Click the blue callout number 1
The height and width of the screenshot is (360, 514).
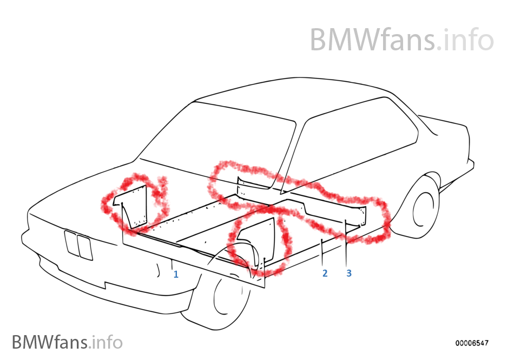pos(176,274)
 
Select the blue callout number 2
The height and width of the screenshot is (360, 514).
pos(325,273)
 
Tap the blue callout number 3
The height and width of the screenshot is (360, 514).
pos(349,273)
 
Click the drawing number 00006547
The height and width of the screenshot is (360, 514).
pos(472,343)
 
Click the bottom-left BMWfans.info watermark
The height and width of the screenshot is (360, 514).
pos(67,342)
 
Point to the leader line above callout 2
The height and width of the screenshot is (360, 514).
pos(323,252)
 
